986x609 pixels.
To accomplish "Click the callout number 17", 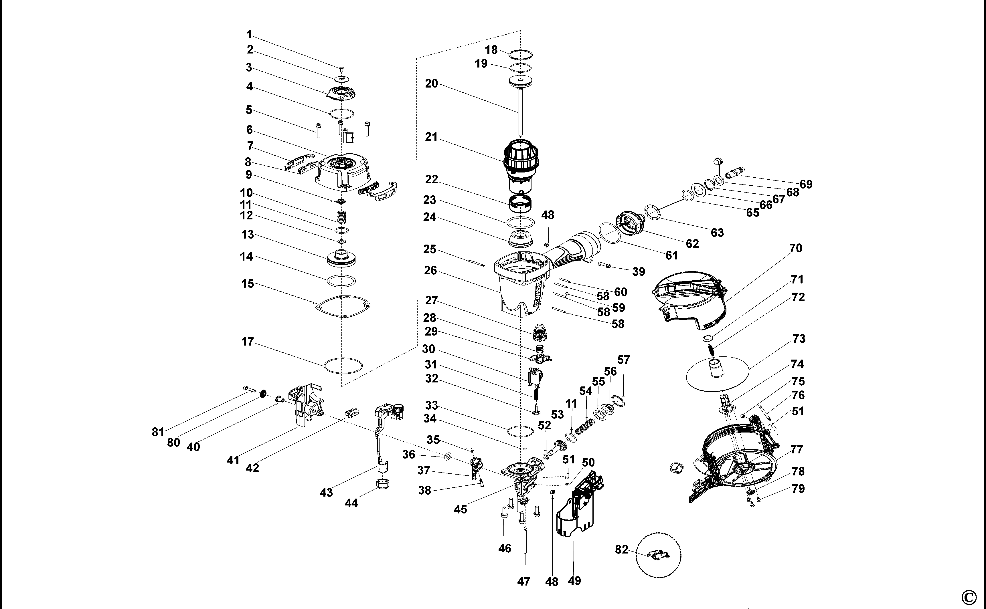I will coord(247,342).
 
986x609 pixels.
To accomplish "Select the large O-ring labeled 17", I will coord(343,365).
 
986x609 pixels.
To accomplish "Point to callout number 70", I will coord(795,249).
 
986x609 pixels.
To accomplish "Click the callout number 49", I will coord(574,581).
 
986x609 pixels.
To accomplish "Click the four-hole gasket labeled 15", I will coord(343,306).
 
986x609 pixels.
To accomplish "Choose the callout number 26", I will coord(430,271).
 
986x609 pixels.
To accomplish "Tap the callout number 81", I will coord(158,432).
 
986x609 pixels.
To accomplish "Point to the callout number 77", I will coord(797,449).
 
